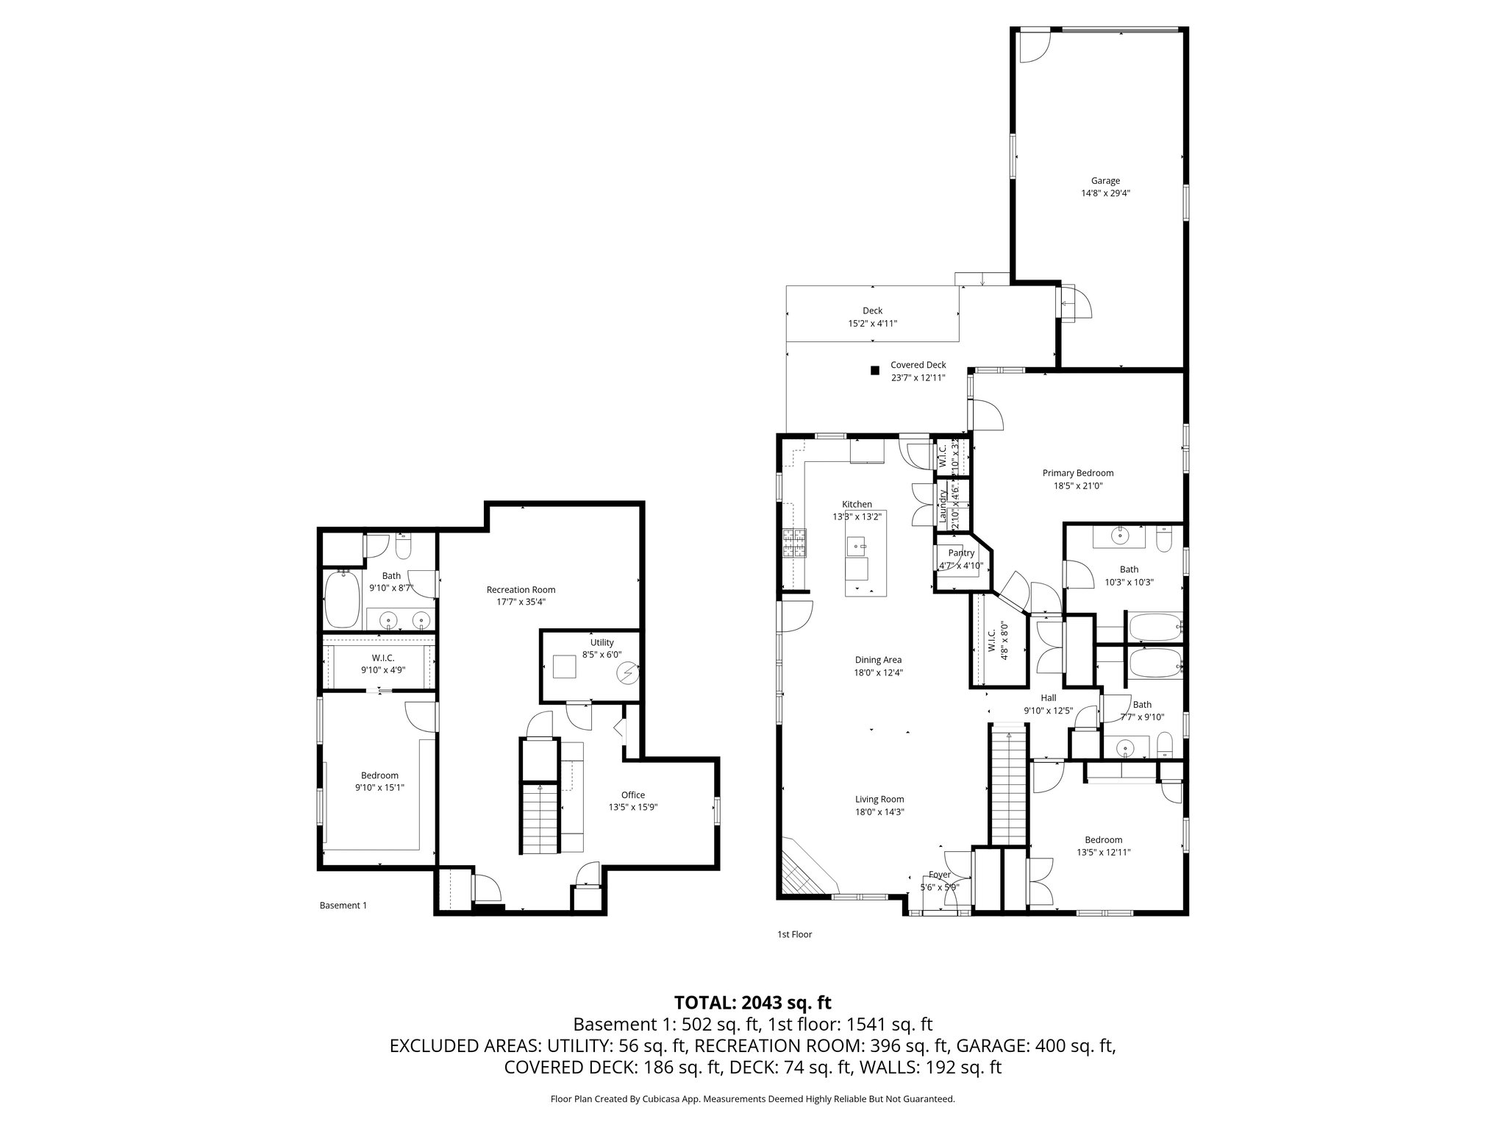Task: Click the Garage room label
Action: (x=1104, y=181)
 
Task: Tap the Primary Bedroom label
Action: (x=1077, y=473)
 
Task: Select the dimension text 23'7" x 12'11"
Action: (x=918, y=377)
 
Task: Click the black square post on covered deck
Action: (x=874, y=371)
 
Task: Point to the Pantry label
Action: (x=961, y=553)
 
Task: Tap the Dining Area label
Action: (x=878, y=660)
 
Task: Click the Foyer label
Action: (x=939, y=875)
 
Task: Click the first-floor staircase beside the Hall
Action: (x=1008, y=787)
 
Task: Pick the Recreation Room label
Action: (x=521, y=589)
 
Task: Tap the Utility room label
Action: (x=602, y=643)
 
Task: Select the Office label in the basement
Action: (x=632, y=795)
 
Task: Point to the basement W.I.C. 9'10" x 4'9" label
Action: (x=382, y=664)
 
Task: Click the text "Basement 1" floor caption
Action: (x=343, y=906)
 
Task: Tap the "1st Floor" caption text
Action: (x=794, y=934)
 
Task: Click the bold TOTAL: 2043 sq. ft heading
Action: (x=752, y=1002)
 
